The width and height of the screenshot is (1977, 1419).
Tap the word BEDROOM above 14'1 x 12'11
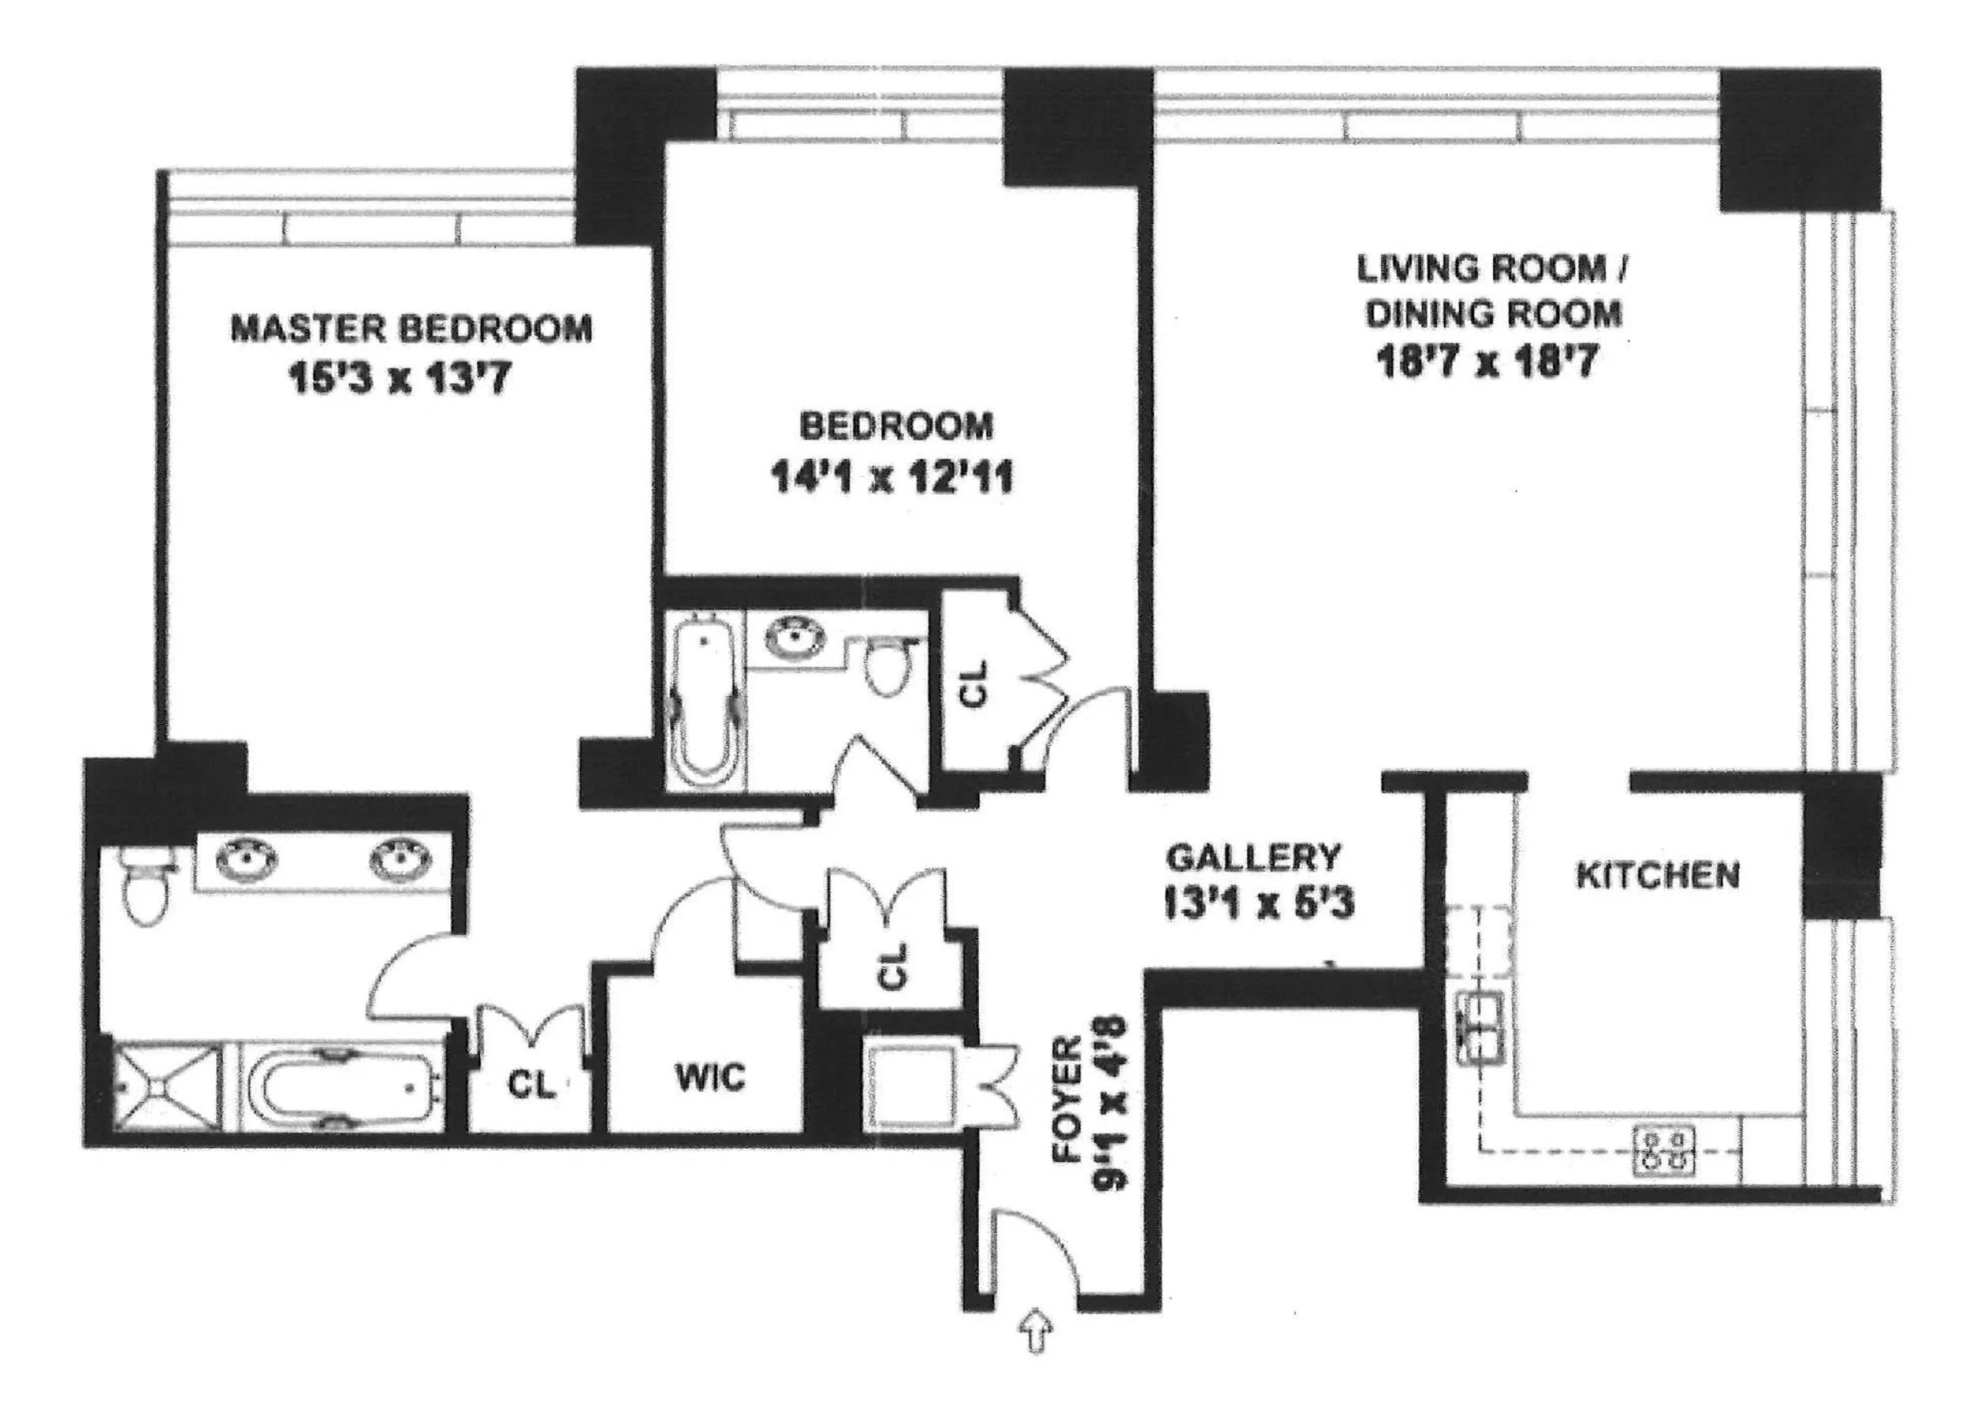pyautogui.click(x=896, y=426)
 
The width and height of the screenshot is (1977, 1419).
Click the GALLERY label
pyautogui.click(x=1253, y=857)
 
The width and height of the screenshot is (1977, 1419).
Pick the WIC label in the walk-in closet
pyautogui.click(x=710, y=1078)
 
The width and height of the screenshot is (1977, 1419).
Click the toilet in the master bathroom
pyautogui.click(x=145, y=883)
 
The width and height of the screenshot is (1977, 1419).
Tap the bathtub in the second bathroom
pyautogui.click(x=705, y=701)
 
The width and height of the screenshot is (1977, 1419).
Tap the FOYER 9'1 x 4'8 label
pyautogui.click(x=1090, y=1100)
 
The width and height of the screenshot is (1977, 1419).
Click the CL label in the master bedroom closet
pyautogui.click(x=531, y=1085)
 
